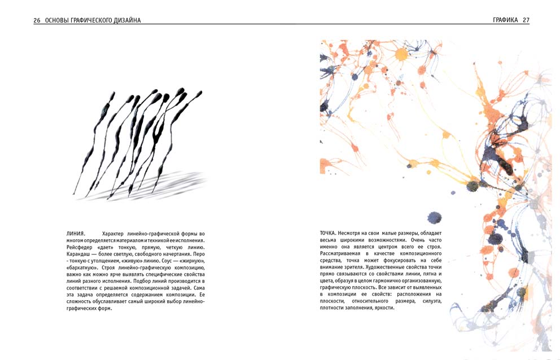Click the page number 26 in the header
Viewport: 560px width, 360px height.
pos(37,20)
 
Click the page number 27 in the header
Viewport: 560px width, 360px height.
pos(526,20)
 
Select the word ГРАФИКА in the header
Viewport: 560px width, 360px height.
pos(505,20)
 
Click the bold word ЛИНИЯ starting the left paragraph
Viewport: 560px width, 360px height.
pos(76,234)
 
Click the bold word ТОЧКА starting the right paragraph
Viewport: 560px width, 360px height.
pos(328,234)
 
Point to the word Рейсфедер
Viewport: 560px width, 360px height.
pos(80,247)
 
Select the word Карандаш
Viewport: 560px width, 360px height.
pos(78,254)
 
